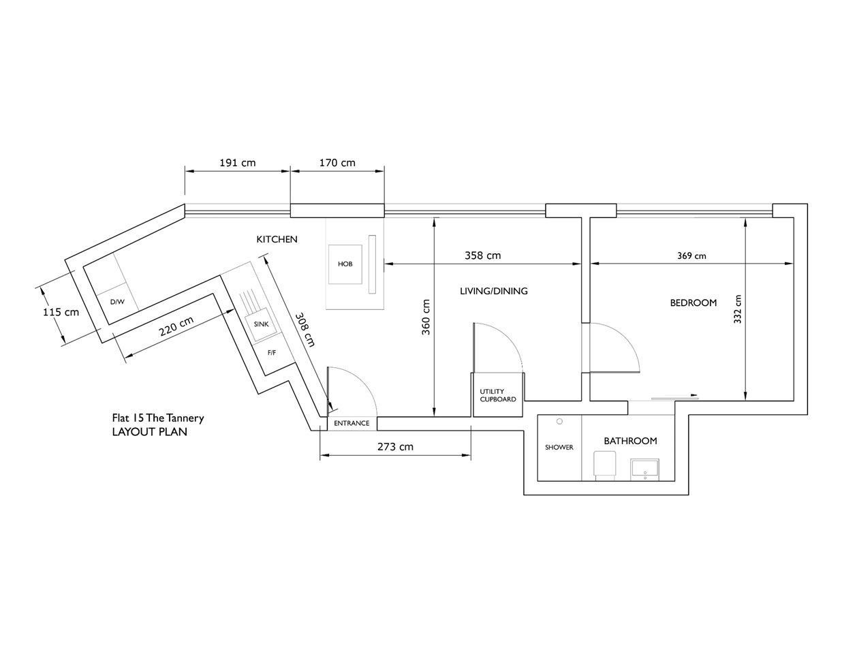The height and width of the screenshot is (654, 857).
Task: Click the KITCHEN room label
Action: tap(277, 239)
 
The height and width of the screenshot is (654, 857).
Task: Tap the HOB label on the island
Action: tap(345, 264)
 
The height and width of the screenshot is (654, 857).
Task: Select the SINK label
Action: tap(261, 324)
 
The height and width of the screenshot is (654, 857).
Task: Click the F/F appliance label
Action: tap(271, 353)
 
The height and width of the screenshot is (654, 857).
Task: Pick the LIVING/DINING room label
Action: tap(494, 291)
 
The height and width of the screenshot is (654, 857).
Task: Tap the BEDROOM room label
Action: tap(694, 302)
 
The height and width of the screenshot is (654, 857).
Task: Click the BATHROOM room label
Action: tap(630, 441)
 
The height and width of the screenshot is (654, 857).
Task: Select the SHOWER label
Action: tap(559, 448)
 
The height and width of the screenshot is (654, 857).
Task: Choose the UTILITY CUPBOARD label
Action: tap(497, 395)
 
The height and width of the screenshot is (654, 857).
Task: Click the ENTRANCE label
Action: tap(352, 423)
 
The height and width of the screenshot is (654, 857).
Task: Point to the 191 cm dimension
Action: tap(237, 163)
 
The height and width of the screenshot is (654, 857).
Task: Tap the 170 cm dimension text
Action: tap(337, 163)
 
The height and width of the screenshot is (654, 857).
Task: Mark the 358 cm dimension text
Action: tap(482, 255)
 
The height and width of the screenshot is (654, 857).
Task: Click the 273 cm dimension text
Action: tap(395, 447)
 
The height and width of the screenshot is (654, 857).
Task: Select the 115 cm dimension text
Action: tap(61, 312)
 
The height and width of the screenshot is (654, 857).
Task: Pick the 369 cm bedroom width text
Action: tap(691, 256)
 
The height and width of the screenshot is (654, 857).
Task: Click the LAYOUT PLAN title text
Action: tap(150, 431)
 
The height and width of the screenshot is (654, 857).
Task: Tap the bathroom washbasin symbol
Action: tap(644, 469)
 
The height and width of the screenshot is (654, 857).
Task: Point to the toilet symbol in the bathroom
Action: tap(605, 466)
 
